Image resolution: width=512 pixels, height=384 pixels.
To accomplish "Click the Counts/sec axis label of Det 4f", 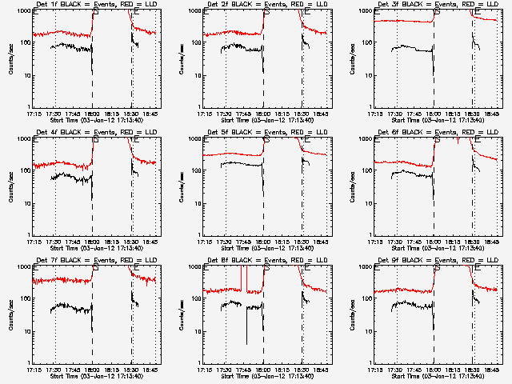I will [10, 186].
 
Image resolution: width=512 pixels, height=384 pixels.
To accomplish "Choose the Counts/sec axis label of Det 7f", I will [10, 314].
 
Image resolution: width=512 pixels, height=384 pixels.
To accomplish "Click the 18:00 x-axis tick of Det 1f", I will [92, 114].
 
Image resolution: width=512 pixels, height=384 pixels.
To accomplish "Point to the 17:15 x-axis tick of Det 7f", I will [34, 370].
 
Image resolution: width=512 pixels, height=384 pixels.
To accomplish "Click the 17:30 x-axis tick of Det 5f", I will [225, 242].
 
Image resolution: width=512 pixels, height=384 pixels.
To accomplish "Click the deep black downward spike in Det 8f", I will [246, 332].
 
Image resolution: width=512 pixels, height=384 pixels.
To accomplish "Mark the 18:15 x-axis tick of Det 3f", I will [454, 114].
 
